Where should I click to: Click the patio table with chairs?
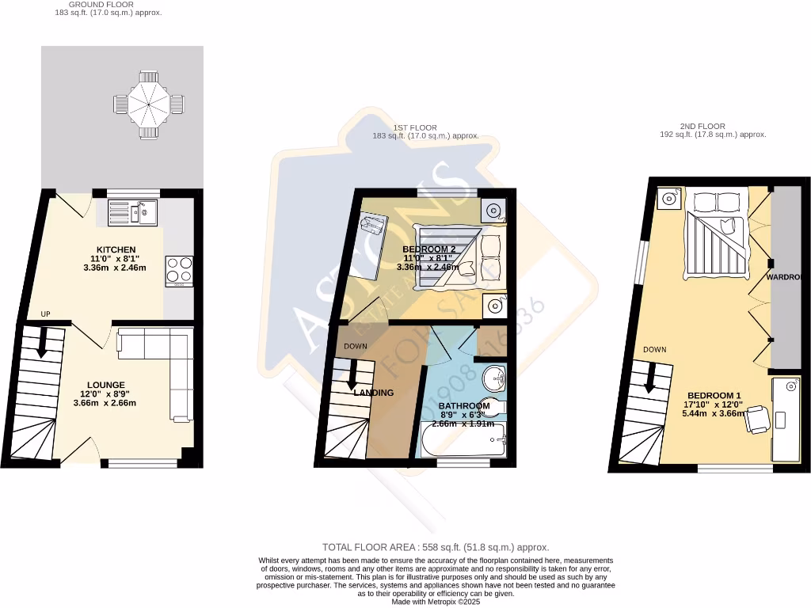(x=148, y=103)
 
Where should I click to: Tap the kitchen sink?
(x=133, y=211)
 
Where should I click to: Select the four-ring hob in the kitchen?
(x=180, y=271)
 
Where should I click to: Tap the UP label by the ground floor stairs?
(x=45, y=314)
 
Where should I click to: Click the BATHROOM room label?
(x=464, y=406)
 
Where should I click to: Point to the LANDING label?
(x=373, y=393)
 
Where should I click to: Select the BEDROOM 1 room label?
(x=714, y=396)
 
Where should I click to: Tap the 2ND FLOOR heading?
(x=702, y=126)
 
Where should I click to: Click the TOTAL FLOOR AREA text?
(x=435, y=547)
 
